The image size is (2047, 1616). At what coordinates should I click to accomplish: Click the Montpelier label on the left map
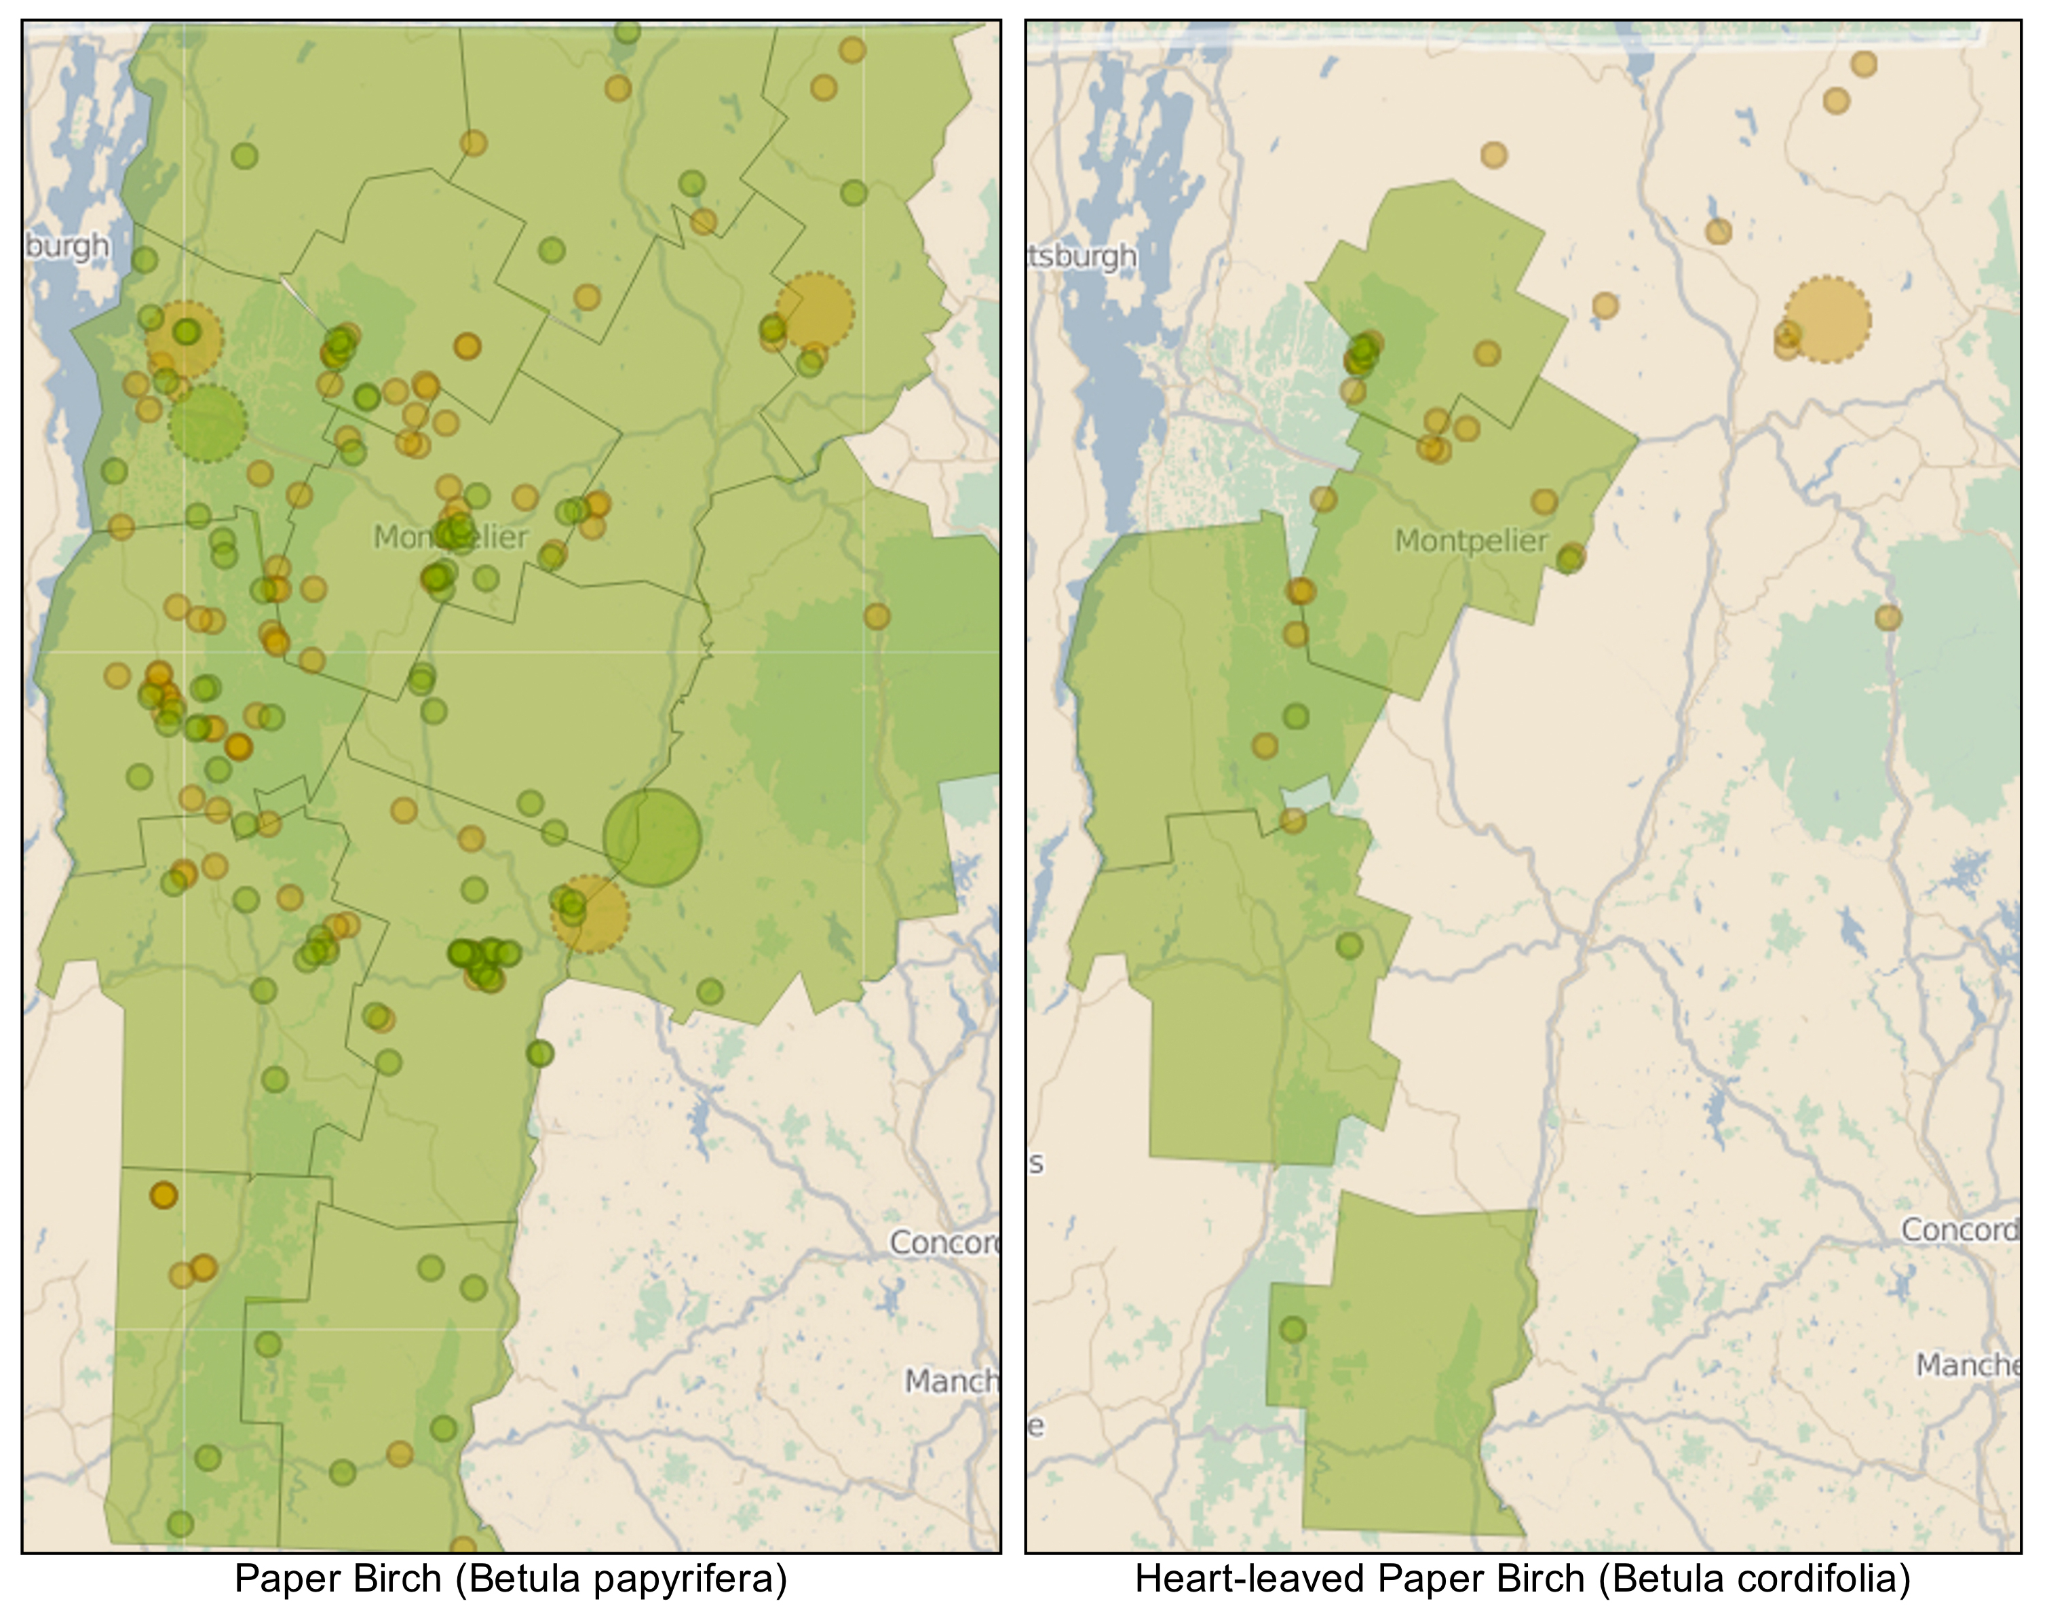[451, 537]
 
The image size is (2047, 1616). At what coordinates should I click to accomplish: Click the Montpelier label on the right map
[1471, 541]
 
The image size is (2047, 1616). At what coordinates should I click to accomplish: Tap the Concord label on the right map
[1959, 1230]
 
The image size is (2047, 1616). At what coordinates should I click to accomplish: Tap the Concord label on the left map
[944, 1242]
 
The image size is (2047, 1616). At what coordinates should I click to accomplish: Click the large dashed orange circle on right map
[1827, 320]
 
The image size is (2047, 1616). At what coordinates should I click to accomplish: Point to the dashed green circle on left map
[207, 423]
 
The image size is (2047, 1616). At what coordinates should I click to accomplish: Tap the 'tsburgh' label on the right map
[1083, 256]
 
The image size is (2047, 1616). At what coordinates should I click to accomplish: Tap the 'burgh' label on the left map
[67, 246]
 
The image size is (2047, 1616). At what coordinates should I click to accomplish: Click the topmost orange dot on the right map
[1863, 64]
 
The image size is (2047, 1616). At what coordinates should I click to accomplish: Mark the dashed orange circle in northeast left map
[815, 310]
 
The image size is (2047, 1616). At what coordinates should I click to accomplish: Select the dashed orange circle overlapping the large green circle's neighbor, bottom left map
[590, 913]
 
